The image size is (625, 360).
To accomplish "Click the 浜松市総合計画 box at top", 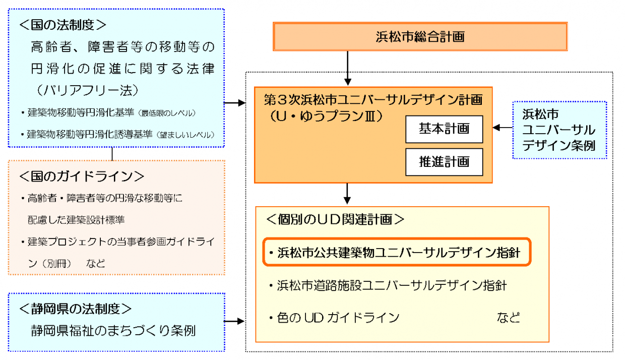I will tap(420, 36).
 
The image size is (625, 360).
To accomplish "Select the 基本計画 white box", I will tap(444, 129).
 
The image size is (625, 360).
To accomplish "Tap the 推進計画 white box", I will tap(444, 161).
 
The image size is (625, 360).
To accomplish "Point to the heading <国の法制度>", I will tap(62, 24).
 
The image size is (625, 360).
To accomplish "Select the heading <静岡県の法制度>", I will tap(76, 308).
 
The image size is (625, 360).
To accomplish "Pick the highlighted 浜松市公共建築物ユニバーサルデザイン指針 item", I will tap(397, 252).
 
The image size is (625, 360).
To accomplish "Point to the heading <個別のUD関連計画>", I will tap(335, 219).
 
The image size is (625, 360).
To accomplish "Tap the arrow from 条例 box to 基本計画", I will tap(502, 128).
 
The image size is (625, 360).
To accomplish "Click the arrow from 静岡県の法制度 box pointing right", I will tap(234, 321).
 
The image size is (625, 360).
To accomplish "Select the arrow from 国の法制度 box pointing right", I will tap(234, 103).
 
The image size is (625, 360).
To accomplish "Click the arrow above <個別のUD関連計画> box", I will tap(347, 193).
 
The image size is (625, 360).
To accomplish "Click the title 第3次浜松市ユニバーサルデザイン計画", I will tap(373, 99).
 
